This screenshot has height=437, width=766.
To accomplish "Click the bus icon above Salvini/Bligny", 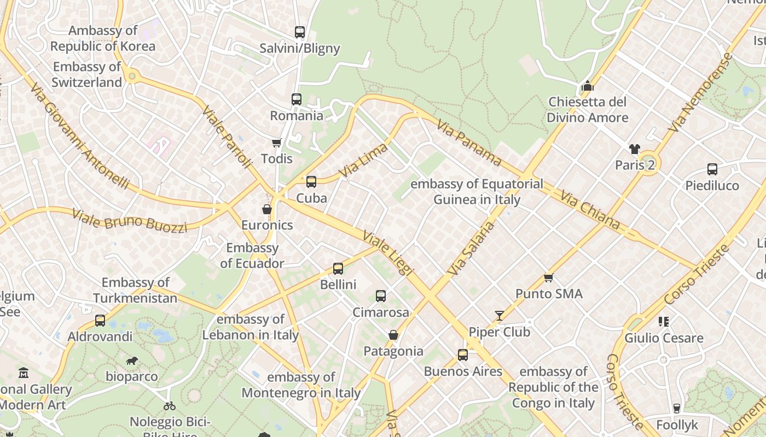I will [x=299, y=32].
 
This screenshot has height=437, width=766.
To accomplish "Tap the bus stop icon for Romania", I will [x=296, y=99].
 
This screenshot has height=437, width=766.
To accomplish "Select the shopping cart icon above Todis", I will [x=276, y=143].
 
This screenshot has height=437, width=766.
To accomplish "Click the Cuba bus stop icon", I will [x=311, y=182].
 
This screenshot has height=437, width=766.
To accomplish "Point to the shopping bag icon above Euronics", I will [x=266, y=209].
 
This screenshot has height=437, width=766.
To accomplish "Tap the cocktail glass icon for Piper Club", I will [x=499, y=316].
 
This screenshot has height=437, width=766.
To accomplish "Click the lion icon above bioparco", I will [x=131, y=361].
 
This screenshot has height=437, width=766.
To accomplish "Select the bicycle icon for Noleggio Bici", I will [x=170, y=406].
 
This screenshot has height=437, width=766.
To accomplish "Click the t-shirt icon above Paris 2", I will [x=634, y=149].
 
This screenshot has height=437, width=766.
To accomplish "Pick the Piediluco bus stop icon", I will [x=712, y=169].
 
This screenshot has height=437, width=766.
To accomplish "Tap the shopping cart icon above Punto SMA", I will [x=548, y=277].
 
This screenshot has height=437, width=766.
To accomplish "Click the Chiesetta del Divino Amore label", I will [x=588, y=110].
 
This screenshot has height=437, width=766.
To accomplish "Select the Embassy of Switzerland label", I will [x=88, y=75].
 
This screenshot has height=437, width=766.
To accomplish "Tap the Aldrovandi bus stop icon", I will [x=100, y=321].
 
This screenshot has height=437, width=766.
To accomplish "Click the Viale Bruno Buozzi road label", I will [x=130, y=220].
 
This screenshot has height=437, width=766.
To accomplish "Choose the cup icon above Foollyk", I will [x=677, y=408].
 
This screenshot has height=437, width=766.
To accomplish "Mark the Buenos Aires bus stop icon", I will [x=462, y=355].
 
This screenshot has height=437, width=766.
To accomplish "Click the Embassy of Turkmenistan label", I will [x=135, y=290].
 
